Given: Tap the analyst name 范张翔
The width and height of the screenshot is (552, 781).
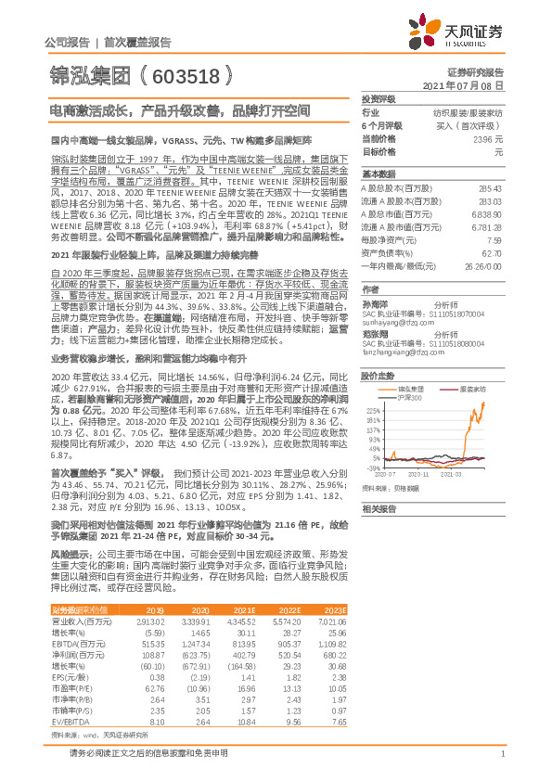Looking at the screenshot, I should [374, 332].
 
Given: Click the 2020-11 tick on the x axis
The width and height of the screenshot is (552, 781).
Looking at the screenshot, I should [426, 473].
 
